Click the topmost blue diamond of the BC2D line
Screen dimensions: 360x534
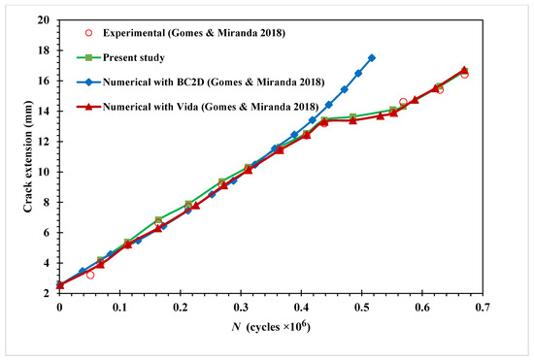372,58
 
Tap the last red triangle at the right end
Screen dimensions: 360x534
464,70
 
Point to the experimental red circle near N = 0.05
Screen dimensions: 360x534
90,275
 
